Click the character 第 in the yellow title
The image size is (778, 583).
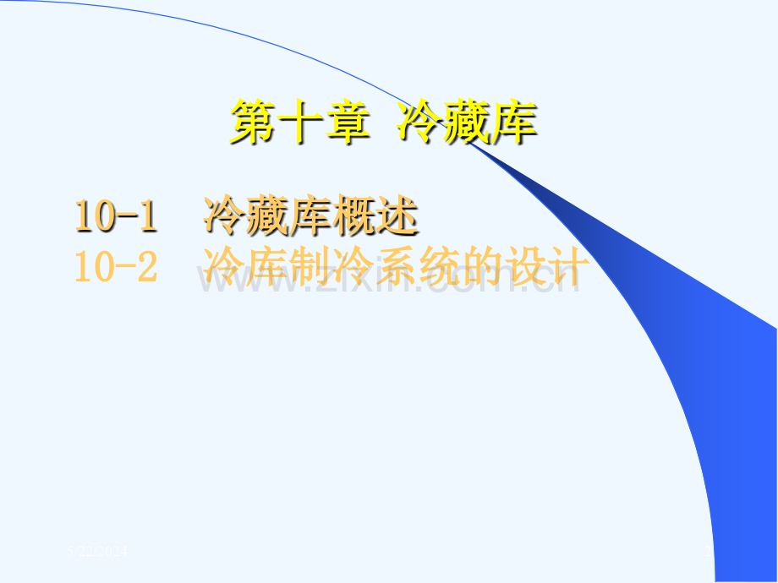click(254, 123)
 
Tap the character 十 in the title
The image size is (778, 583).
click(300, 123)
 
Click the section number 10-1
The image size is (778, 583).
click(116, 215)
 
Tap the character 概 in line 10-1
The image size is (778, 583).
click(353, 215)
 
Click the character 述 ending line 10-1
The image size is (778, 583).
click(397, 215)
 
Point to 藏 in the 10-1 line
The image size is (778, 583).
click(267, 215)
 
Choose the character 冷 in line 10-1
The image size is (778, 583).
click(224, 215)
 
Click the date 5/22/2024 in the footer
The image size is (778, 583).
click(98, 552)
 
